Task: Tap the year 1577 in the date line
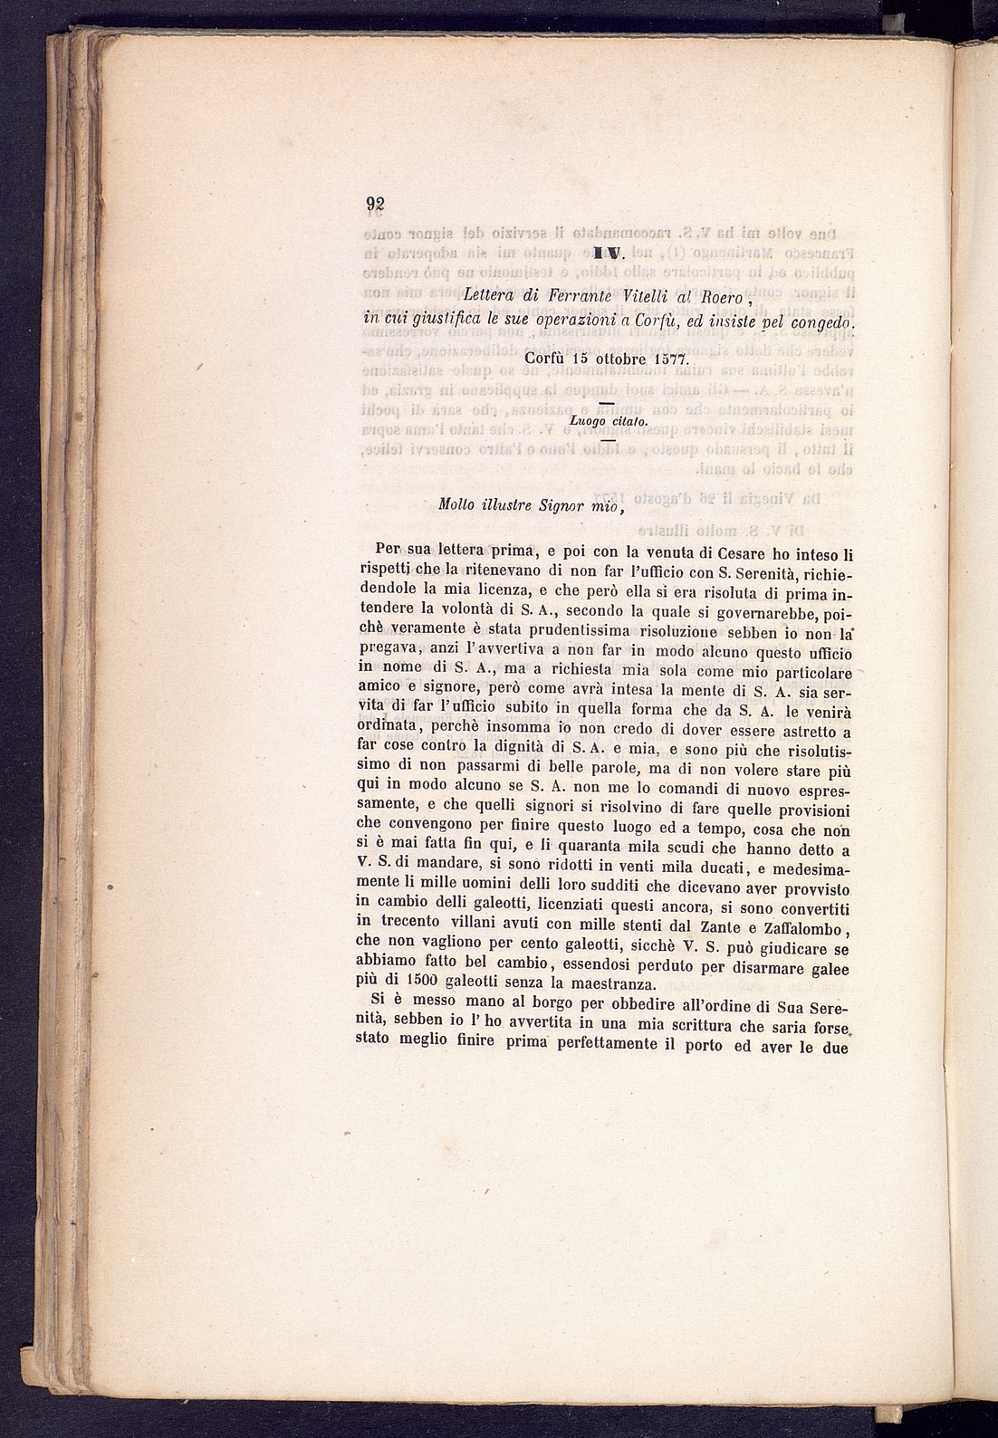click(670, 359)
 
